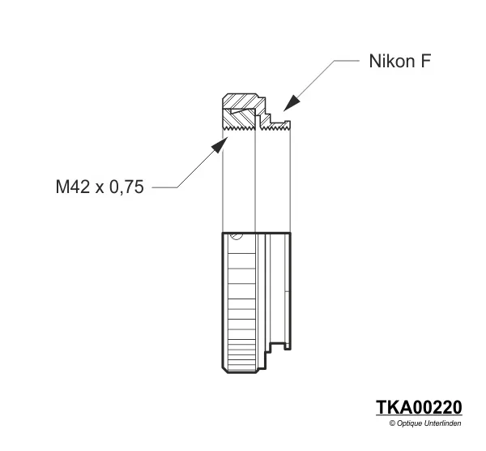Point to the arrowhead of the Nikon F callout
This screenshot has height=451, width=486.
click(287, 105)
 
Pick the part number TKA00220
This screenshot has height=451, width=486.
click(419, 407)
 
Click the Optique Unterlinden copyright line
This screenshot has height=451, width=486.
click(425, 423)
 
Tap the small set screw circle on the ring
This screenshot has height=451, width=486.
click(235, 237)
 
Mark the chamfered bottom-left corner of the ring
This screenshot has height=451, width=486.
click(224, 370)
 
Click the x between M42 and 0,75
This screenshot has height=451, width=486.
click(100, 188)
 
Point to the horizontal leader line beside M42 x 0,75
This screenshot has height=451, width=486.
click(165, 187)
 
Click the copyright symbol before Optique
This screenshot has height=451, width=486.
click(392, 423)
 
